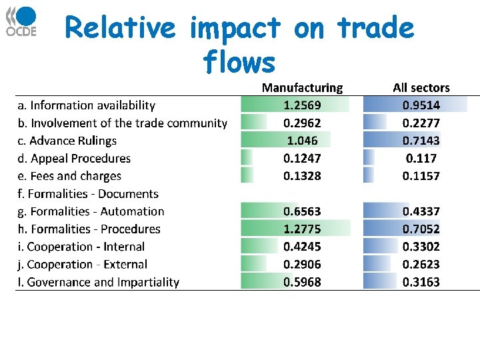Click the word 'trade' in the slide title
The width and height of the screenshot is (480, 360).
pyautogui.click(x=376, y=28)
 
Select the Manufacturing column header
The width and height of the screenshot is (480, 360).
pyautogui.click(x=302, y=87)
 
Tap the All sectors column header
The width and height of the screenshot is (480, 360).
pyautogui.click(x=421, y=87)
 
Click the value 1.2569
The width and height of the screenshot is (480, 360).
pyautogui.click(x=302, y=105)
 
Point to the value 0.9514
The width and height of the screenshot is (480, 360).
pyautogui.click(x=421, y=105)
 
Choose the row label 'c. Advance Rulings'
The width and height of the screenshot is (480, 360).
pyautogui.click(x=67, y=141)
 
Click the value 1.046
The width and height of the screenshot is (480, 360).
pyautogui.click(x=302, y=141)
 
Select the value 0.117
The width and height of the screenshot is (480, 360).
pyautogui.click(x=421, y=159)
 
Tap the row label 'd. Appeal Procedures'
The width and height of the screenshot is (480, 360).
pyautogui.click(x=74, y=159)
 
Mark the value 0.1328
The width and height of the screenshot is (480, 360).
pyautogui.click(x=302, y=176)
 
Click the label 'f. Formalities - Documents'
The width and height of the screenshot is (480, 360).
pyautogui.click(x=88, y=194)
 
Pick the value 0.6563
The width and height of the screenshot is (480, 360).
pyautogui.click(x=302, y=211)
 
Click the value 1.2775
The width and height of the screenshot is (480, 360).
pyautogui.click(x=302, y=229)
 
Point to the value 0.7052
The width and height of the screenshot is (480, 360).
pyautogui.click(x=421, y=229)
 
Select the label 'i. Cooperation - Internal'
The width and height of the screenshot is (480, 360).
pyautogui.click(x=81, y=247)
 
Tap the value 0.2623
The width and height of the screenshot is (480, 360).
pyautogui.click(x=421, y=265)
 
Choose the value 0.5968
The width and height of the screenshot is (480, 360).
pyautogui.click(x=302, y=282)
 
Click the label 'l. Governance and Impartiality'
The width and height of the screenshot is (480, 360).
pyautogui.click(x=99, y=282)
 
